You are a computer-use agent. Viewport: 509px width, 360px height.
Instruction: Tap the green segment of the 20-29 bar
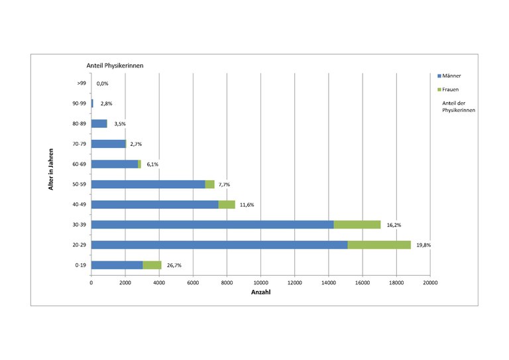[379, 245]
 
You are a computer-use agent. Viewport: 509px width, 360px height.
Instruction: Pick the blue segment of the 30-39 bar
[212, 225]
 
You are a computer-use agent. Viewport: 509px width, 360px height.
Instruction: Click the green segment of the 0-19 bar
[152, 265]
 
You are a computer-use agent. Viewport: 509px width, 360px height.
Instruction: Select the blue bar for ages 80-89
[99, 123]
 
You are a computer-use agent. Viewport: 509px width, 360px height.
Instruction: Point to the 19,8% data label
[424, 245]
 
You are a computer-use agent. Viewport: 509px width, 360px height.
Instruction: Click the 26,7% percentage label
[174, 265]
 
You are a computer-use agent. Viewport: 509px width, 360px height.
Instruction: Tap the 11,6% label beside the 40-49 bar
[247, 205]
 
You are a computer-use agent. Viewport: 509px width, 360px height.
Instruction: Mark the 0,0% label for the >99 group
[102, 84]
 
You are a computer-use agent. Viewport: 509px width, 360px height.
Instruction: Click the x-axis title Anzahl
[260, 292]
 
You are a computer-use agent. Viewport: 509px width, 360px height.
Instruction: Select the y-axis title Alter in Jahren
[51, 169]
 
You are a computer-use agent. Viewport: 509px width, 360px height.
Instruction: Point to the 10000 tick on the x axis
[260, 283]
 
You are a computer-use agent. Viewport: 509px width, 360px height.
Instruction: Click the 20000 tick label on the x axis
[430, 283]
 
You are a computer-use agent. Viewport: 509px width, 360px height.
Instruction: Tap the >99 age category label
[81, 84]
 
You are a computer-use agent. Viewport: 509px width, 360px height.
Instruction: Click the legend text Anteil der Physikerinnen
[457, 106]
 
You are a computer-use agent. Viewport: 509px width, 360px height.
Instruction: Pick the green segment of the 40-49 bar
[227, 205]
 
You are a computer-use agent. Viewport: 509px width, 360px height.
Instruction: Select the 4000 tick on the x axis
[159, 283]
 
